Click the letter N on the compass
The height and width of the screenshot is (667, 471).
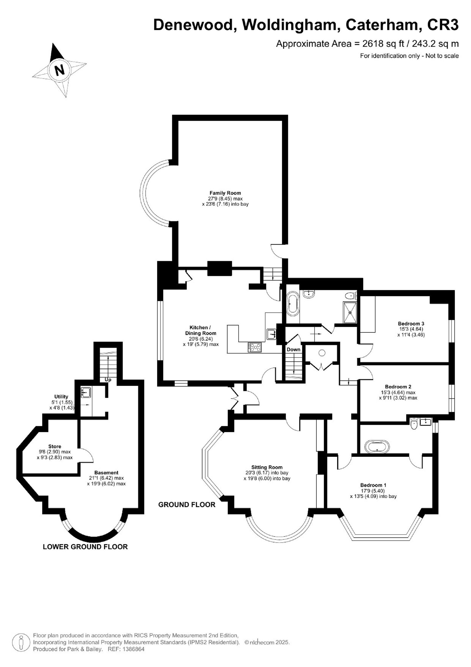pos(60,70)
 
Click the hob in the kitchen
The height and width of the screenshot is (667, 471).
pos(255,347)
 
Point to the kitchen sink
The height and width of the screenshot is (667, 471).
pos(271,334)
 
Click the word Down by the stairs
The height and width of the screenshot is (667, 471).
pos(293,349)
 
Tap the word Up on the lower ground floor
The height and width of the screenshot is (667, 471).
pos(108,380)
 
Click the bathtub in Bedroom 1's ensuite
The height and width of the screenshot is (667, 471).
pos(377,446)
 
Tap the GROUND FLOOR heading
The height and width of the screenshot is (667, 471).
pos(187,504)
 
